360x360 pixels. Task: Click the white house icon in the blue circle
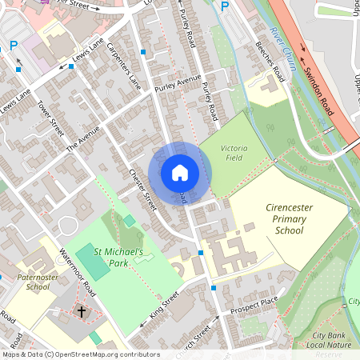click(180, 172)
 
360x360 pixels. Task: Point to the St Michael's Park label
click(118, 257)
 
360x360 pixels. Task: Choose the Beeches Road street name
click(268, 61)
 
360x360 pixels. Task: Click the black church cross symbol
click(82, 310)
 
